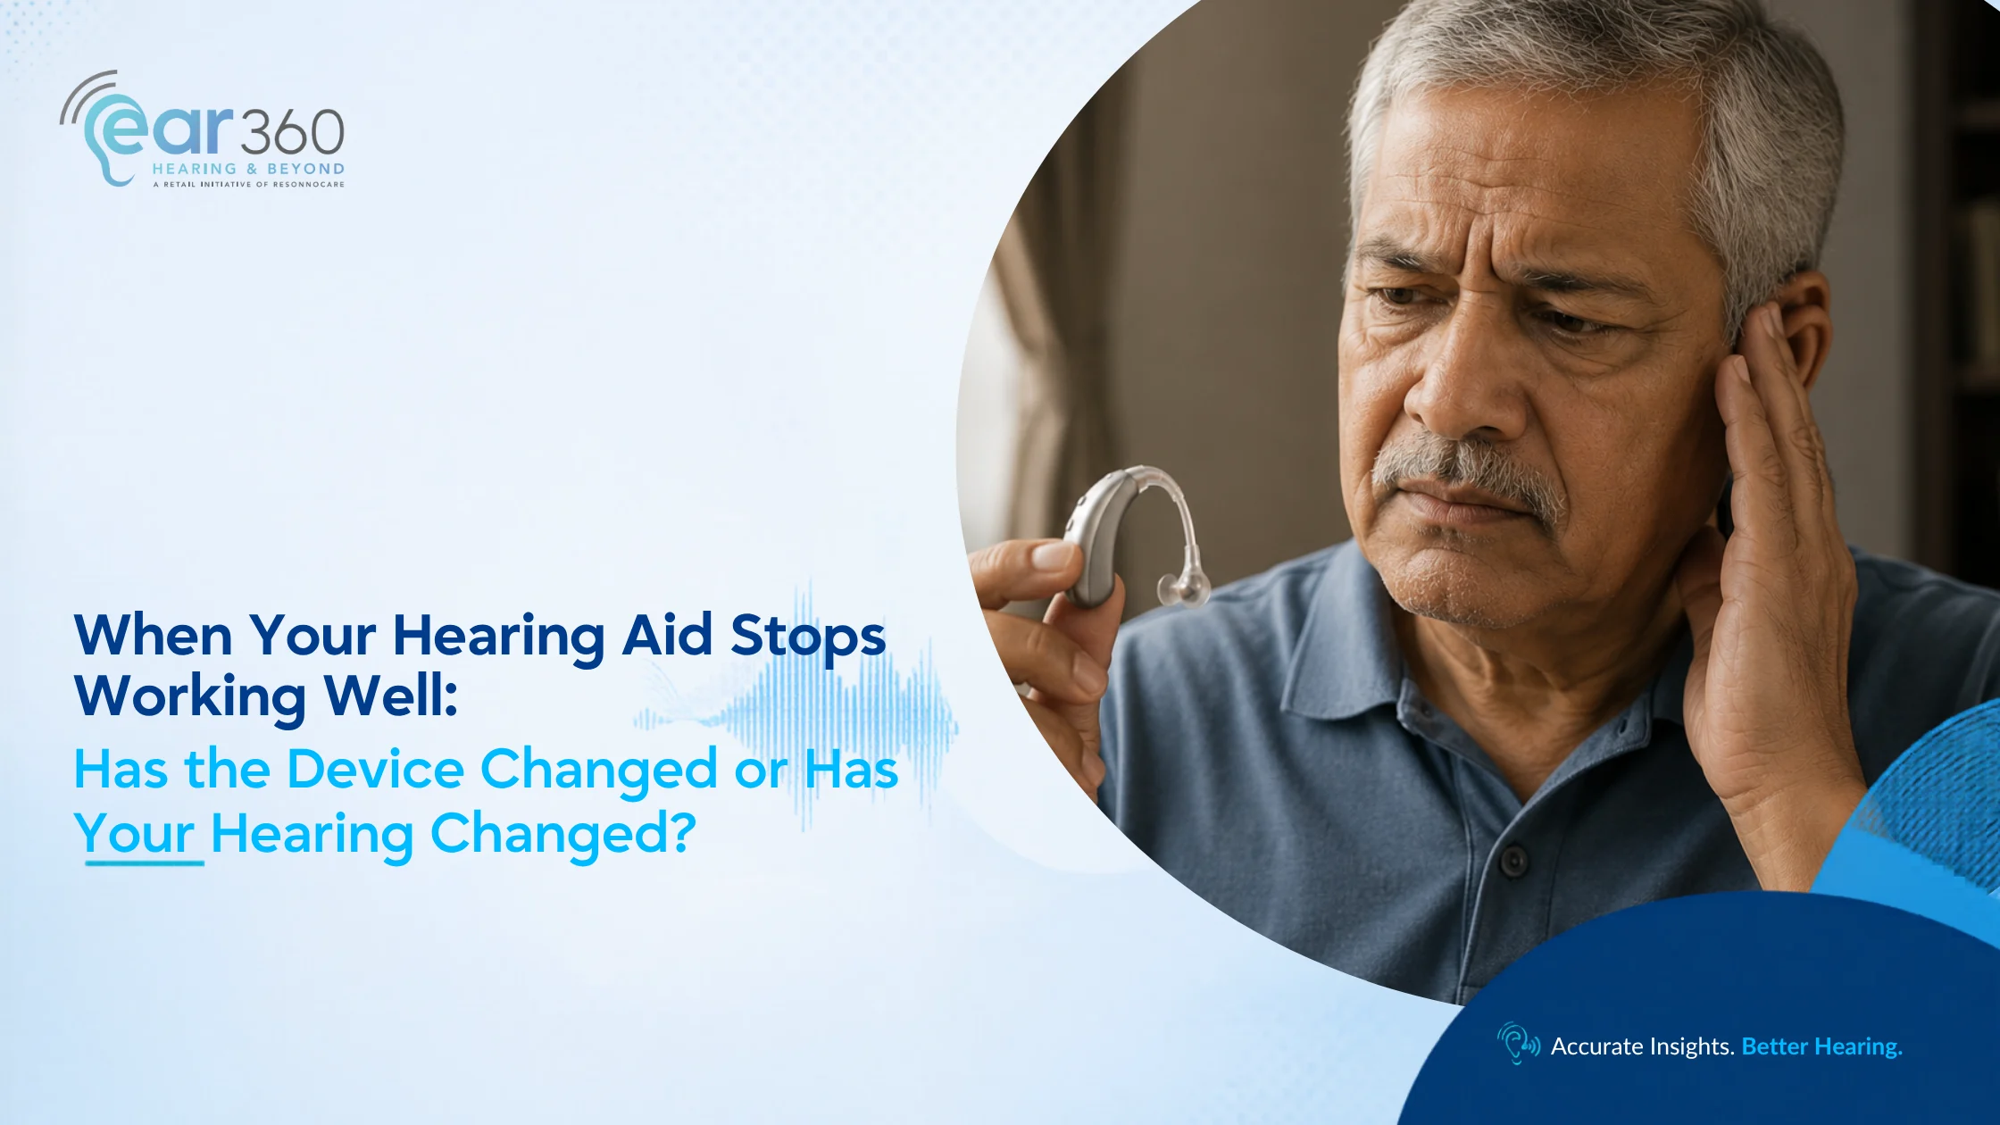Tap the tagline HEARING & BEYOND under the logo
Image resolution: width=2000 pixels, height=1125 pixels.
248,169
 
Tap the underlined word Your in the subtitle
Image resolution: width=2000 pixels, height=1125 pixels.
134,835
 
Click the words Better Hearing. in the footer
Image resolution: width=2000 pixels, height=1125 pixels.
1821,1046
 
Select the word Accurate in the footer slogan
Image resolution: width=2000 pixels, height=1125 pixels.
1597,1046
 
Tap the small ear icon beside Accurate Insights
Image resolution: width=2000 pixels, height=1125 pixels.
1518,1043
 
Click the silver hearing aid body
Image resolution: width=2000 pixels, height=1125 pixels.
1098,536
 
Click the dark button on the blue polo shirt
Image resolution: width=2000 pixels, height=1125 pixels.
1513,861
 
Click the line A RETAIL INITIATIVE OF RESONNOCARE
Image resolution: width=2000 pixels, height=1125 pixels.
248,184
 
